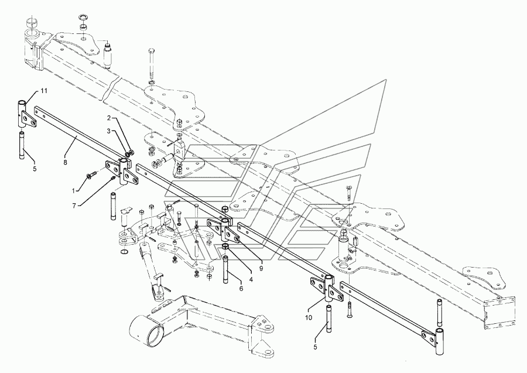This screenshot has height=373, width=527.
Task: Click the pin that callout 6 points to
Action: pyautogui.click(x=225, y=270)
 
